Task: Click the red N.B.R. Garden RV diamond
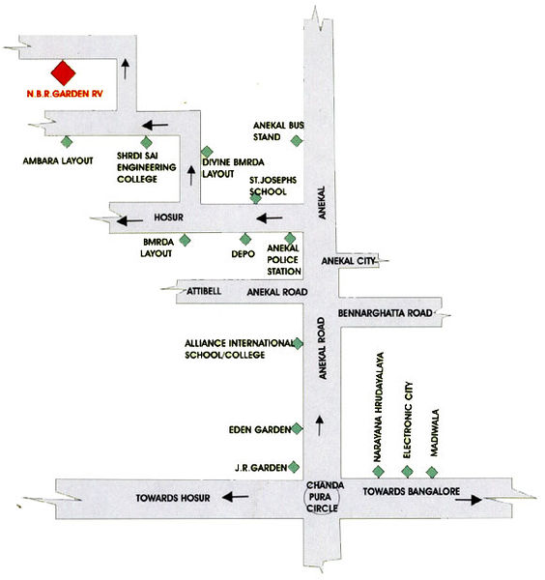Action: click(63, 72)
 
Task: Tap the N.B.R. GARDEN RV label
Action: click(65, 94)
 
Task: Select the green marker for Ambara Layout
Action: click(67, 142)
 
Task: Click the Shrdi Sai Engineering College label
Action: click(147, 167)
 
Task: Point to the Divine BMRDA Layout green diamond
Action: click(207, 152)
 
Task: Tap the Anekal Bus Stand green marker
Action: click(296, 140)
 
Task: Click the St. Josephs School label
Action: click(272, 186)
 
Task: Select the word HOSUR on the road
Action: click(168, 217)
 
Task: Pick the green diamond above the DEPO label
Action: click(245, 240)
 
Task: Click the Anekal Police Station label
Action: click(283, 260)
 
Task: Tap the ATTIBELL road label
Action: click(204, 291)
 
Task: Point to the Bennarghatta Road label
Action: click(385, 313)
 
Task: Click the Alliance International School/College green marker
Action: click(298, 343)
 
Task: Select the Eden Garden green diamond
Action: click(297, 429)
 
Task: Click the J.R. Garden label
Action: click(261, 468)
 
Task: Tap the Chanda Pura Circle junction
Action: click(322, 497)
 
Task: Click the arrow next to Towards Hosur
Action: click(236, 497)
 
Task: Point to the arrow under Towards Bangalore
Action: click(469, 500)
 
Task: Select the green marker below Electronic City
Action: click(407, 472)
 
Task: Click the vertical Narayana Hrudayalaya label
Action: click(379, 407)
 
